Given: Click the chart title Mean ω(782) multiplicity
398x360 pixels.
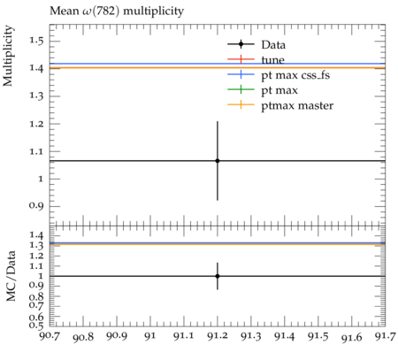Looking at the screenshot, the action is tap(117, 11).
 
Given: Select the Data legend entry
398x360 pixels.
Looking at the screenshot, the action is tap(273, 45).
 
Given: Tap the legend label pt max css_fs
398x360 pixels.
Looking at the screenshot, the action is tap(295, 75).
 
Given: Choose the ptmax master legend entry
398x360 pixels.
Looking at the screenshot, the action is tap(297, 105).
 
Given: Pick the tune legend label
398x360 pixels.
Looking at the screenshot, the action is tap(272, 60).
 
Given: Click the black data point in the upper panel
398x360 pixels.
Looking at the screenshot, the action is tap(218, 161).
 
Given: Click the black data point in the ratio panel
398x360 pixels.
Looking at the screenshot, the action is tap(218, 276).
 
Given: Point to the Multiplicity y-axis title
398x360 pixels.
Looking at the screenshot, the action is tap(8, 56).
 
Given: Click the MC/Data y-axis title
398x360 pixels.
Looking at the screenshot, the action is tap(11, 276).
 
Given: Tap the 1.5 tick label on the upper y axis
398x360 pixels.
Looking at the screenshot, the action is tap(36, 40).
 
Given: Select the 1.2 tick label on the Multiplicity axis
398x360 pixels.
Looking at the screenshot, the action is tap(36, 124).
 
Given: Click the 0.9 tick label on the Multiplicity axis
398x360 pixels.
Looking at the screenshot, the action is tap(36, 205).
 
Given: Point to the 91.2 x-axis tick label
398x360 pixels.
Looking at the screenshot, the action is tap(218, 336).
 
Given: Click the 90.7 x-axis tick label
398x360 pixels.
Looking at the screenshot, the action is tap(50, 336).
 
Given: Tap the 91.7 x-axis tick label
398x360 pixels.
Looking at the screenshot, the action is tap(385, 336).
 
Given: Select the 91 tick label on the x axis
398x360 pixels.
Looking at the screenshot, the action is tap(150, 336).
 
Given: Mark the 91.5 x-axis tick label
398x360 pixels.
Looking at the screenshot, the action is tap(318, 336).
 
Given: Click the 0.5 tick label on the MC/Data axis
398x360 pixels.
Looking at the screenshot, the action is tap(36, 325).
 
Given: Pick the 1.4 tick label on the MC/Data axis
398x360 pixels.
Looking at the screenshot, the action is tap(36, 235).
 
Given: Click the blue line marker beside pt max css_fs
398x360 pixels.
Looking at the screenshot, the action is tap(241, 74).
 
